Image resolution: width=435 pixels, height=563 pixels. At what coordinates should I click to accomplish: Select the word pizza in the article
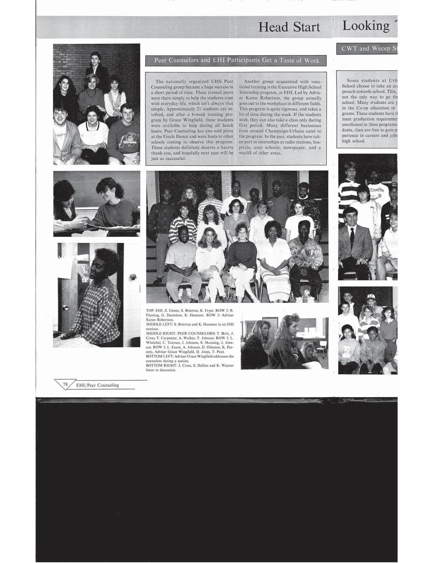point(226,131)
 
